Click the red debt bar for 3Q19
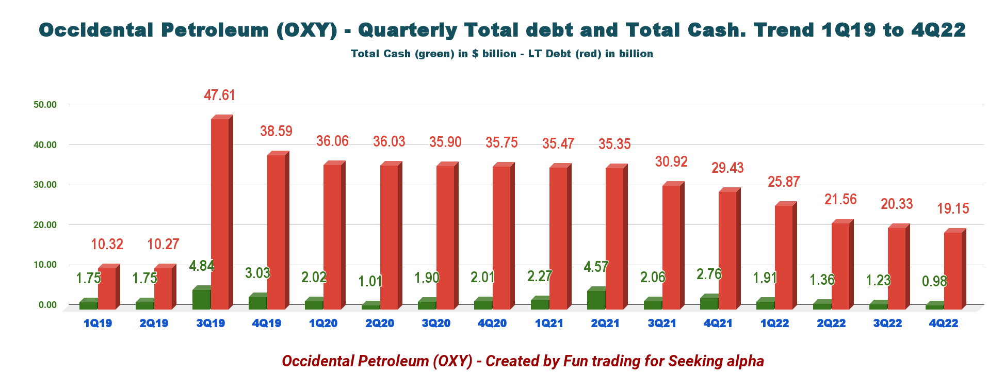[220, 214]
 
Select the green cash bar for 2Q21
[596, 300]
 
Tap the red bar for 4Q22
[952, 271]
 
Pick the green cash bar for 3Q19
[201, 299]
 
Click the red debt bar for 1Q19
[107, 289]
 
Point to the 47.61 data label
[219, 95]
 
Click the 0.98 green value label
[934, 281]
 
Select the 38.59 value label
[276, 131]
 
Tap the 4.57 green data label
[596, 267]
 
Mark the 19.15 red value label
[953, 208]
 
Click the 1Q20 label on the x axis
[323, 323]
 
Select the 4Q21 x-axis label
[718, 323]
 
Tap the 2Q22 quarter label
[831, 323]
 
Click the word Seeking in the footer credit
[689, 361]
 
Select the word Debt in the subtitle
[559, 54]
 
